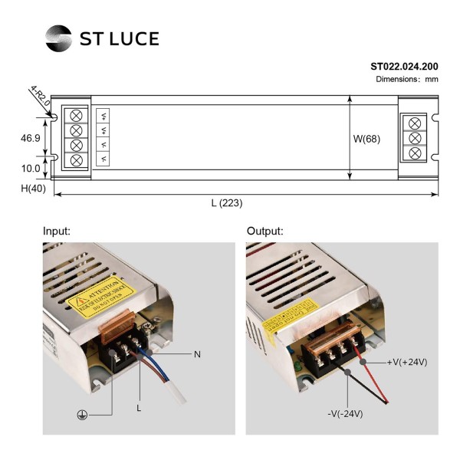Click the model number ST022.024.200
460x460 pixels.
404,67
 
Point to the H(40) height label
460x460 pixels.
32,189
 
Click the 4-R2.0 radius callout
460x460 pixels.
41,98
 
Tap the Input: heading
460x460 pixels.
57,231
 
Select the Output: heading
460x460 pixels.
265,231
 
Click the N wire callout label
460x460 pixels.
197,354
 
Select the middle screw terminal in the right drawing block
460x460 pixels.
415,138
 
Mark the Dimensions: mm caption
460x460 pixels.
406,79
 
